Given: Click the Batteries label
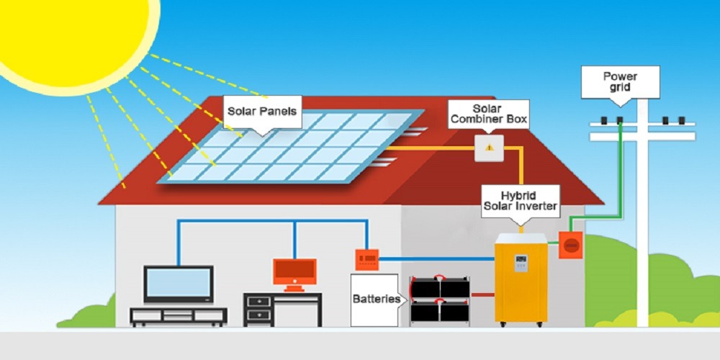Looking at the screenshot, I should click(375, 298).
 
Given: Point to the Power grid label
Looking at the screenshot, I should click(620, 81).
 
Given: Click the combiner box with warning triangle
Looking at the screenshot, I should click(490, 148).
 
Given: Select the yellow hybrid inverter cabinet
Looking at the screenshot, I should click(521, 281).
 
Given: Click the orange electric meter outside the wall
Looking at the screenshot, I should click(570, 246).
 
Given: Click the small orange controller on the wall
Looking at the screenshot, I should click(367, 258).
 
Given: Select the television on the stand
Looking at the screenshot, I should click(179, 284).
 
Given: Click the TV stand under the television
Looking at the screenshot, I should click(178, 316).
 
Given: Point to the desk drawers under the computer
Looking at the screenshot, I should click(257, 310).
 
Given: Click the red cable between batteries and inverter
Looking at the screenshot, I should click(482, 294).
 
